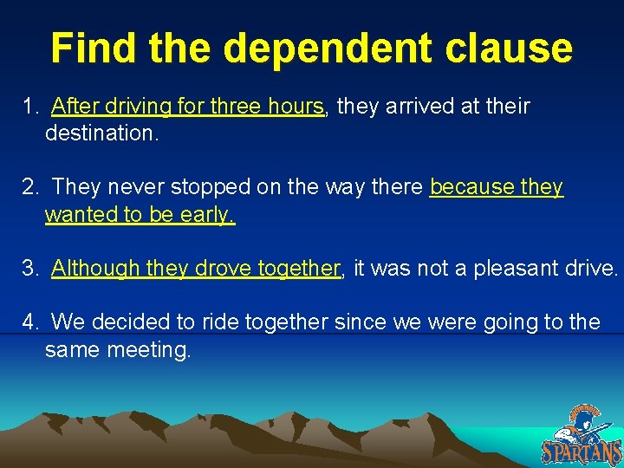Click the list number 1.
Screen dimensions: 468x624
30,107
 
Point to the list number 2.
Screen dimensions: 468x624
30,187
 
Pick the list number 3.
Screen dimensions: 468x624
30,269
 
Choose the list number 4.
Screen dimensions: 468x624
30,322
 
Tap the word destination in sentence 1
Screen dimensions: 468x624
100,133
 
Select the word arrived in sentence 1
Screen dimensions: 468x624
410,107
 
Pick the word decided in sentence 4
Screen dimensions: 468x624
131,322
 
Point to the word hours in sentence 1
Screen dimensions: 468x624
295,107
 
